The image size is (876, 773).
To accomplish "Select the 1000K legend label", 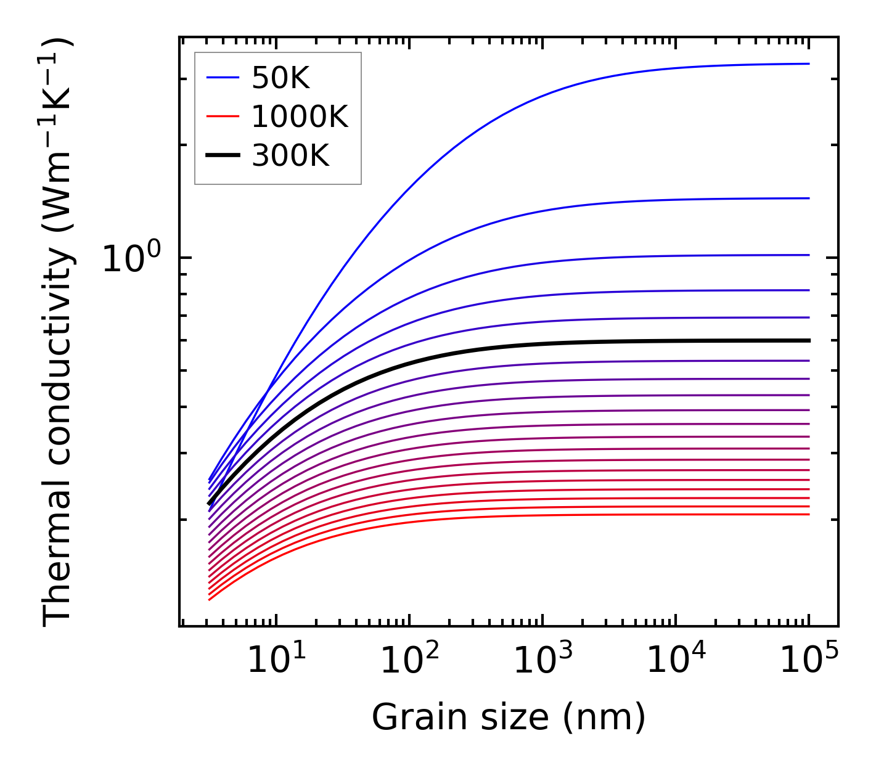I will [x=300, y=117].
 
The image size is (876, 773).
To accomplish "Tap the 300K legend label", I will [x=290, y=156].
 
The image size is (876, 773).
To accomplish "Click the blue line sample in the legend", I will [x=223, y=78].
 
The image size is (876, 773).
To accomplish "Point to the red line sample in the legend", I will [x=223, y=117].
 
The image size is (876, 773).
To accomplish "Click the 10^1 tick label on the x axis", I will [x=276, y=660].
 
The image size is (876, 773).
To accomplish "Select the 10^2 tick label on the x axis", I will [x=409, y=660].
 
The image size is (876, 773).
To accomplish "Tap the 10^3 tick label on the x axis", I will [x=542, y=660].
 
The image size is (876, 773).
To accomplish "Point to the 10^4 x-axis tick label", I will [x=676, y=660].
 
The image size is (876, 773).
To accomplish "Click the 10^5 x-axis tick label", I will [x=809, y=660].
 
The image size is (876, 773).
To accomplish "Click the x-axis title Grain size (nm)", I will [x=509, y=718].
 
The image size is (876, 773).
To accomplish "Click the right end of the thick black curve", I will [x=808, y=340].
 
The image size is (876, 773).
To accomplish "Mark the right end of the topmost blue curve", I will [x=808, y=63].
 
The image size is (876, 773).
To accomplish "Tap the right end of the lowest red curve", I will [x=808, y=514].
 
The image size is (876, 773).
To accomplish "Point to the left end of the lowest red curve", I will [x=210, y=599].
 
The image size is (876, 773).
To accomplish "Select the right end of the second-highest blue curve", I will [x=808, y=198].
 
